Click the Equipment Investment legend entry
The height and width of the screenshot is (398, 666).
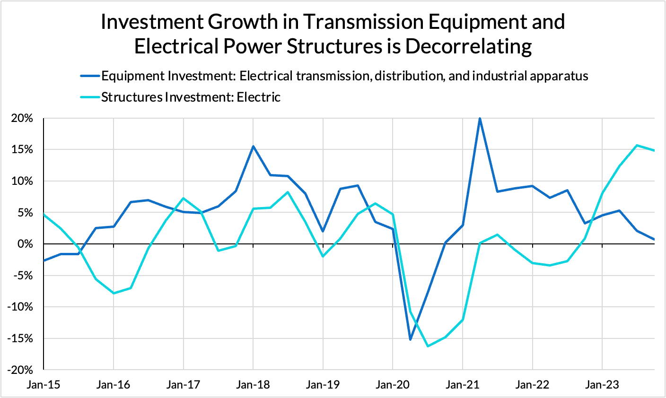pyautogui.click(x=344, y=76)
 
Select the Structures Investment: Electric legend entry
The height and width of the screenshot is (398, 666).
pyautogui.click(x=191, y=97)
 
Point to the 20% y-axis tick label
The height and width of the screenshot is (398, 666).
pyautogui.click(x=23, y=118)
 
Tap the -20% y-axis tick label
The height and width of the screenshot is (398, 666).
pyautogui.click(x=21, y=370)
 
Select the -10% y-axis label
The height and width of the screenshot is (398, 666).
pyautogui.click(x=21, y=307)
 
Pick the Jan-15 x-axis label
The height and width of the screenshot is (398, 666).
pyautogui.click(x=44, y=385)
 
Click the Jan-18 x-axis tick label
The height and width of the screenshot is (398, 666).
pyautogui.click(x=253, y=385)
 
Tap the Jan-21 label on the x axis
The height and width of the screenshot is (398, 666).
pyautogui.click(x=463, y=385)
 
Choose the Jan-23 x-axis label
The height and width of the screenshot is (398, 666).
pyautogui.click(x=602, y=385)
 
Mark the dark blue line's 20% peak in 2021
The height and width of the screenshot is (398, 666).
pyautogui.click(x=480, y=118)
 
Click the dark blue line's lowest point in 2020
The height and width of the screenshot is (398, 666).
pyautogui.click(x=410, y=339)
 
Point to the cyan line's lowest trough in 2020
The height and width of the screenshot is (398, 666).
pyautogui.click(x=428, y=346)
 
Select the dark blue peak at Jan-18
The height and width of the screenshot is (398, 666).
pyautogui.click(x=253, y=146)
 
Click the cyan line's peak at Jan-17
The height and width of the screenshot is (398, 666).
pyautogui.click(x=183, y=198)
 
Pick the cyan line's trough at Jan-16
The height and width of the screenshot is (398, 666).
pyautogui.click(x=114, y=293)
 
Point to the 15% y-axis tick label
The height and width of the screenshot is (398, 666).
pyautogui.click(x=23, y=149)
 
